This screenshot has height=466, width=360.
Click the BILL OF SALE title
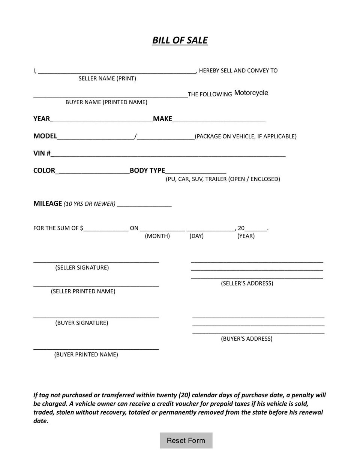point(180,41)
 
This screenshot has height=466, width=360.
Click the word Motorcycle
point(251,93)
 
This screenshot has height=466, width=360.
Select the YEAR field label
point(41,119)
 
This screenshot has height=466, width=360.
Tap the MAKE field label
point(162,119)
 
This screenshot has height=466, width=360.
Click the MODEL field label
point(45,136)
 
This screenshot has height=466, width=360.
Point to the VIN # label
point(42,153)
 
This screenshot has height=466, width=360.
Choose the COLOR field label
point(44,171)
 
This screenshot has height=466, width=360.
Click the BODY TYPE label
point(147,171)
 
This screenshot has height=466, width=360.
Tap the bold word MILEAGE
point(47,203)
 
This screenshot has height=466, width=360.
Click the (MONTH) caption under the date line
point(157,236)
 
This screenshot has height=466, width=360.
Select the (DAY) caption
point(196,236)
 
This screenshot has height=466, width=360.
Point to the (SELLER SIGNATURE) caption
point(82,268)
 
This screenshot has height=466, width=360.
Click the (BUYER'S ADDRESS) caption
point(246,338)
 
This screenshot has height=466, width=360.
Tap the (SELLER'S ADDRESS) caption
point(247,283)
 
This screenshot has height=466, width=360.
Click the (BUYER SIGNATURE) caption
point(81,323)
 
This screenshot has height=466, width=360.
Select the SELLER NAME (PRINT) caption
point(107,78)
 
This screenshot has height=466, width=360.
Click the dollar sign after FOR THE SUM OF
point(81,228)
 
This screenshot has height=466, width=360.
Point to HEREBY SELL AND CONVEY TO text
point(238,71)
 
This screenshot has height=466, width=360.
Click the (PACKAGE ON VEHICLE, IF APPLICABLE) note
point(246,136)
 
